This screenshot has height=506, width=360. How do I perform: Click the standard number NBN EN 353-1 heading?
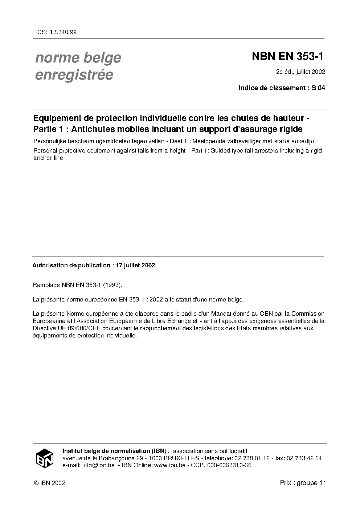(287, 57)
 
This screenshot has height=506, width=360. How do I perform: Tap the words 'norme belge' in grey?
(78, 58)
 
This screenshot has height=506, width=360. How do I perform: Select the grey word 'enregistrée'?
(74, 74)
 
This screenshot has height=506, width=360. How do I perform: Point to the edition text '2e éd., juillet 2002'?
(300, 72)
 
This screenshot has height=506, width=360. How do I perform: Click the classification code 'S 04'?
(319, 88)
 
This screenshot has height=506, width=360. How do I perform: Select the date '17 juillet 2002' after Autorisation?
(135, 265)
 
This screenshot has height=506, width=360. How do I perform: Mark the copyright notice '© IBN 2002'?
(49, 483)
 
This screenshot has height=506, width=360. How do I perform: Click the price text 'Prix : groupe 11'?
(303, 483)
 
